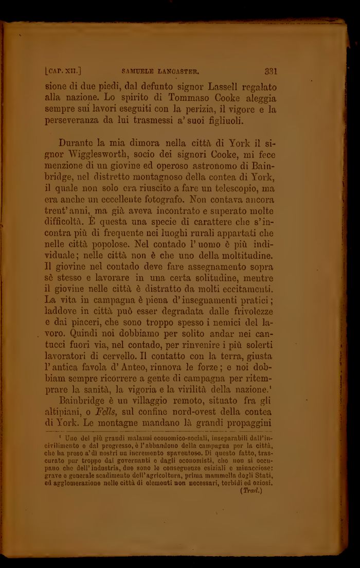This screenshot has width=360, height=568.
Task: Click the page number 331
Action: coord(272,72)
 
